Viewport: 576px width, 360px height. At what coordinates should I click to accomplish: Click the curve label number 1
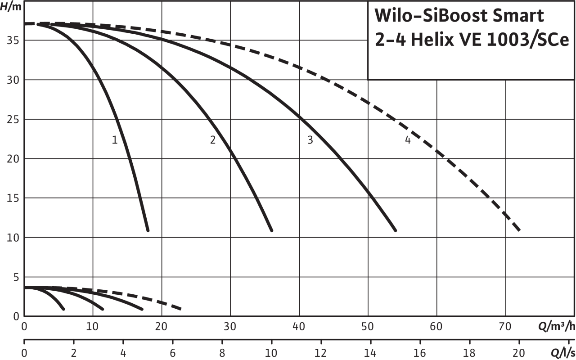[x=114, y=139]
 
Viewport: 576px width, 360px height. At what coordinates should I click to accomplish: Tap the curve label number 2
[x=213, y=139]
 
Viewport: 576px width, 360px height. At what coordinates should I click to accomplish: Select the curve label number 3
[x=310, y=139]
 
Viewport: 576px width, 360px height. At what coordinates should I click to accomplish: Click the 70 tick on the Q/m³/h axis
[x=505, y=326]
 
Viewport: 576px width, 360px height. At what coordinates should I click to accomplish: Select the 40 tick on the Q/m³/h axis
[x=299, y=326]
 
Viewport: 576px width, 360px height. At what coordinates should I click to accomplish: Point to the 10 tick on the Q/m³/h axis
[x=93, y=326]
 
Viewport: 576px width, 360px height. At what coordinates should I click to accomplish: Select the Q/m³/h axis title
[x=556, y=326]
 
